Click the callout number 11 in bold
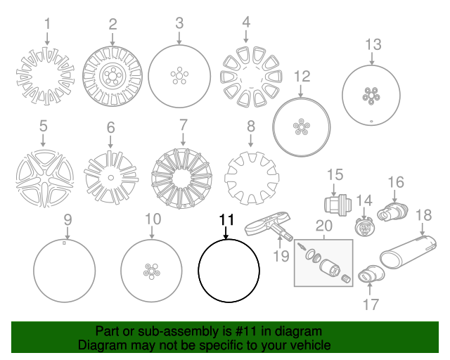226,220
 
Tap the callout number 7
184,125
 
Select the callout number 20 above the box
324,226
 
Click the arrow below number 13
372,58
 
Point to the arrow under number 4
245,36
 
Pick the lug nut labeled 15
337,205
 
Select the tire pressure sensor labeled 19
269,226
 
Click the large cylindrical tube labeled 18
408,252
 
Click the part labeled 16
392,212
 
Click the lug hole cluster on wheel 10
152,271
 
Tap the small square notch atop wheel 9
64,243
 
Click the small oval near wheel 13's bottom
371,121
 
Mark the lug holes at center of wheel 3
179,75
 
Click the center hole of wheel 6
111,178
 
